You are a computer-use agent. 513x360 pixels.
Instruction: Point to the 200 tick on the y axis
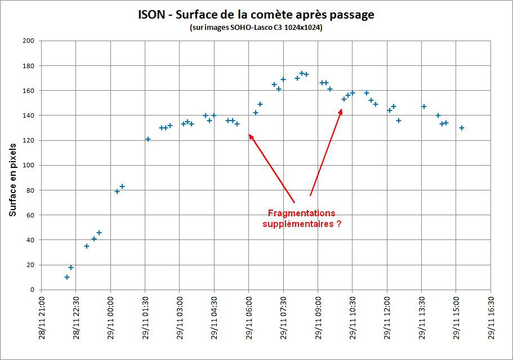coord(29,41)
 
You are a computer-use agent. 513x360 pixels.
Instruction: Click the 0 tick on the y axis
coord(33,290)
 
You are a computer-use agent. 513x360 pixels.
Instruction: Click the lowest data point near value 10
coord(67,277)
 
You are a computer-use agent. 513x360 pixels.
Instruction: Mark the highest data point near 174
coord(302,73)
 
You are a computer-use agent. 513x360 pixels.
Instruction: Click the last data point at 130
coord(462,128)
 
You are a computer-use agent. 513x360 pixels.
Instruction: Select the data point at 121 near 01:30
coord(148,139)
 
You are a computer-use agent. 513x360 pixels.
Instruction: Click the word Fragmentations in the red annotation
coord(301,214)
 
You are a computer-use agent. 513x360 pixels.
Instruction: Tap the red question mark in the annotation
coord(338,224)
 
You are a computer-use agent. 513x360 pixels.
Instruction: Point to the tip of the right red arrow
coord(341,109)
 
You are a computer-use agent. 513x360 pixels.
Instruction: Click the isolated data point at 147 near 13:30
coord(424,106)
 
